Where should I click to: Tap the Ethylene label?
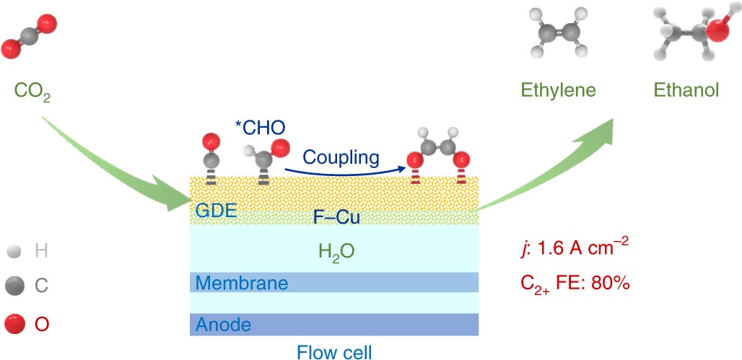560,90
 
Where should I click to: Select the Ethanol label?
686,90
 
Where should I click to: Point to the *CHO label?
260,128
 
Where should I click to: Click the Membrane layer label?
238,283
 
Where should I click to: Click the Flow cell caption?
334,351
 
